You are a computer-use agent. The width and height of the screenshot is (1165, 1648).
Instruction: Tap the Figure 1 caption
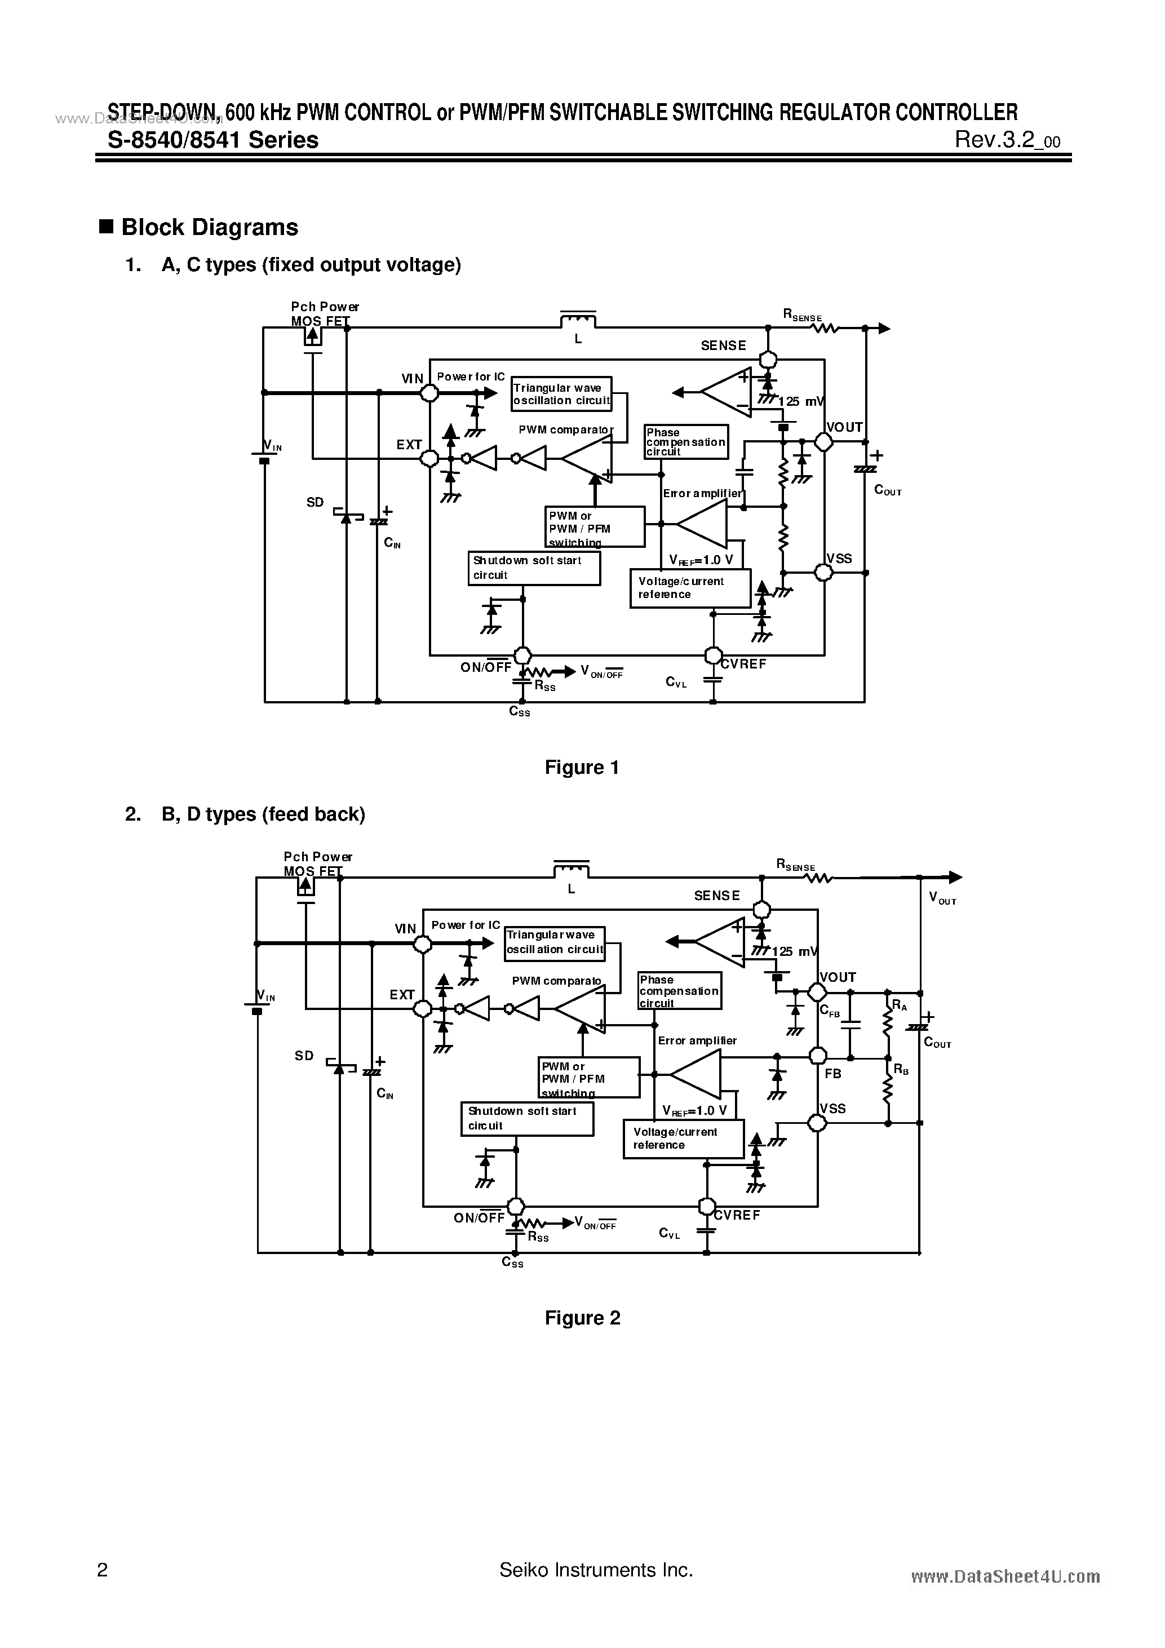tap(582, 767)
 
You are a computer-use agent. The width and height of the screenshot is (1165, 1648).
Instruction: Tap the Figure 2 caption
tap(582, 1318)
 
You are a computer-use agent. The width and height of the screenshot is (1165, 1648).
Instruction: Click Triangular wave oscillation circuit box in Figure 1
tap(561, 394)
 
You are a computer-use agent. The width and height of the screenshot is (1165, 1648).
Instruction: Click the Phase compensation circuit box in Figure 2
tap(679, 990)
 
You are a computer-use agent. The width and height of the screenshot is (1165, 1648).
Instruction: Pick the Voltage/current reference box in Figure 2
tap(683, 1138)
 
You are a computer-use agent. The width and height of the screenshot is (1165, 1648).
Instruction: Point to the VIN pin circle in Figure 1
tap(429, 393)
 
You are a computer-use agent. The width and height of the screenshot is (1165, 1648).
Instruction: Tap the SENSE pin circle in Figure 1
tap(768, 359)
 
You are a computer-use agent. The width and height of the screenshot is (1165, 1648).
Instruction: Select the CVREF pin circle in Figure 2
tap(707, 1207)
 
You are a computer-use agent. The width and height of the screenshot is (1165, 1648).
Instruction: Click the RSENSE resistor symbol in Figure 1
tap(825, 329)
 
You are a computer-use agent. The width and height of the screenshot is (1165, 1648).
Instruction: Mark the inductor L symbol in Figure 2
tap(572, 870)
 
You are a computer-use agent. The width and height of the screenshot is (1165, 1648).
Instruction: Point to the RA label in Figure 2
tap(900, 1006)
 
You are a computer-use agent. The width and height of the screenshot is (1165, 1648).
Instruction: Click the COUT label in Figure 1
tap(887, 490)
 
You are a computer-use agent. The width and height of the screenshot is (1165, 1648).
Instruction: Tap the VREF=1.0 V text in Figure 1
tap(701, 560)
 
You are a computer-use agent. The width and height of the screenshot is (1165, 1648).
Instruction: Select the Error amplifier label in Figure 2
tap(697, 1040)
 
